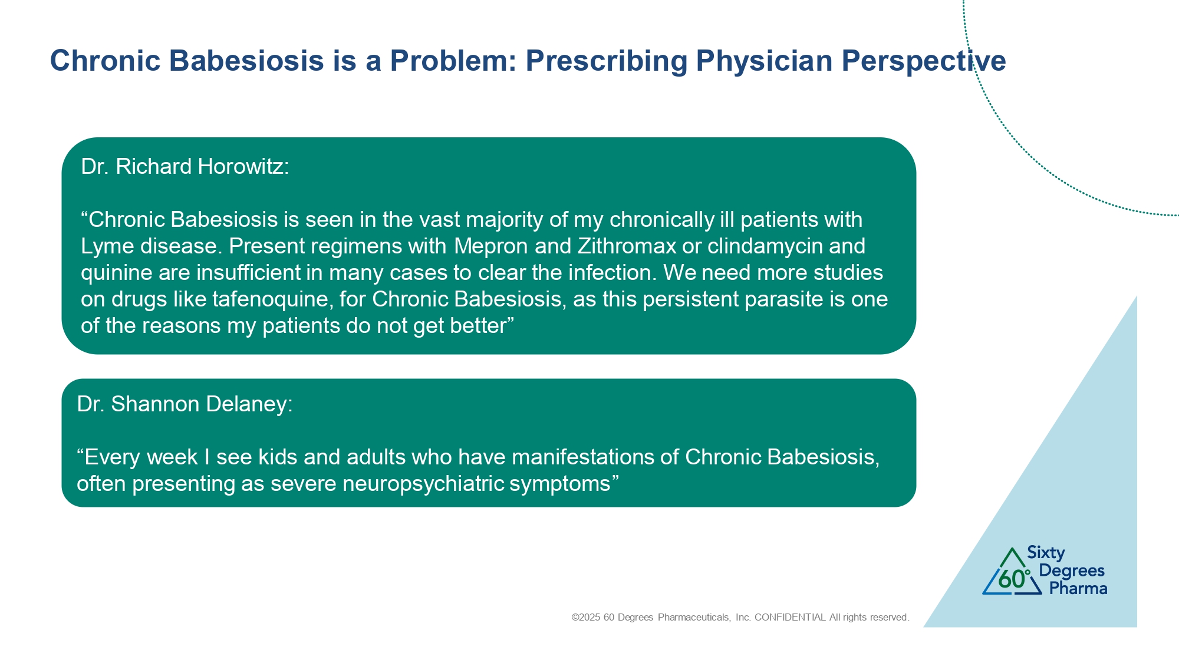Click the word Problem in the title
coord(453,61)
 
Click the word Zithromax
coord(627,246)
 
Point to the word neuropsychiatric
coord(423,484)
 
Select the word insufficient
coord(256,273)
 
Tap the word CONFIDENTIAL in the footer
coord(790,618)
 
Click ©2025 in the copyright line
coord(586,618)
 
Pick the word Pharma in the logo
coord(1078,589)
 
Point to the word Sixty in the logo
coord(1046,553)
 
